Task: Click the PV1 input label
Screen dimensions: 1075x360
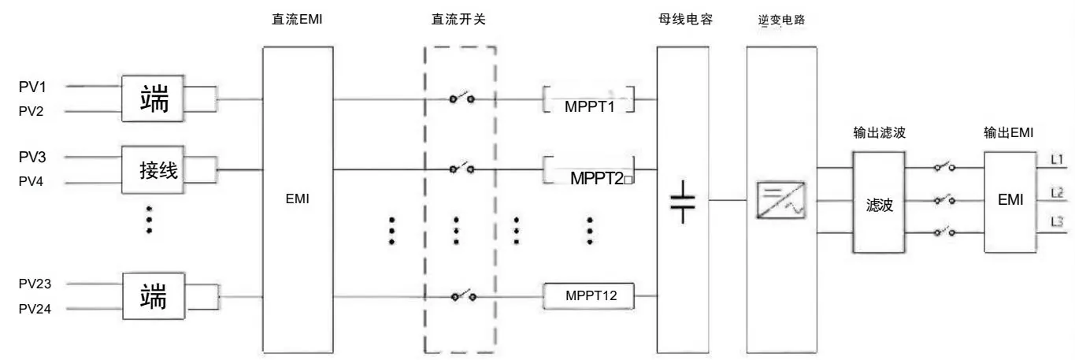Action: point(32,87)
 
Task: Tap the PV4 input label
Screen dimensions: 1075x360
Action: point(31,181)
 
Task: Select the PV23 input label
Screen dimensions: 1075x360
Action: point(35,284)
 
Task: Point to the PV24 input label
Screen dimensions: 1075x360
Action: point(35,309)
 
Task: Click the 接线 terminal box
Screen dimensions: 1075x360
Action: point(153,170)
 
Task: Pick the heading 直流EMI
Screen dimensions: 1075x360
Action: point(297,19)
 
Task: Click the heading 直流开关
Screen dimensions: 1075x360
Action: point(459,19)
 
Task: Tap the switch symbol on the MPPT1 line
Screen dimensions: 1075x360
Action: point(462,98)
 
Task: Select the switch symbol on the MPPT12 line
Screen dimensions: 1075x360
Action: point(463,295)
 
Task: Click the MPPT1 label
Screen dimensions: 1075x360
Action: point(589,106)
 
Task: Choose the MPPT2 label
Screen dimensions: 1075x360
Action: point(596,179)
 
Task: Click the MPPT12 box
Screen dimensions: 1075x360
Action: point(588,295)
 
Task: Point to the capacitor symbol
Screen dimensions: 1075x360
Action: point(683,202)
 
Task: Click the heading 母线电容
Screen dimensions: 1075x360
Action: point(686,19)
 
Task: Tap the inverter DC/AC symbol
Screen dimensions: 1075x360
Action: point(781,199)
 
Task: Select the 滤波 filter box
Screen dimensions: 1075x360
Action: point(879,202)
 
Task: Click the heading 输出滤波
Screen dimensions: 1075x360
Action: point(879,132)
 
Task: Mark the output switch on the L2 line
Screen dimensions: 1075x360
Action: point(944,199)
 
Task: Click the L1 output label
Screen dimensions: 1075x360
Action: point(1057,159)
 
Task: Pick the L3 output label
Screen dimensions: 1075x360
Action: point(1057,222)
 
